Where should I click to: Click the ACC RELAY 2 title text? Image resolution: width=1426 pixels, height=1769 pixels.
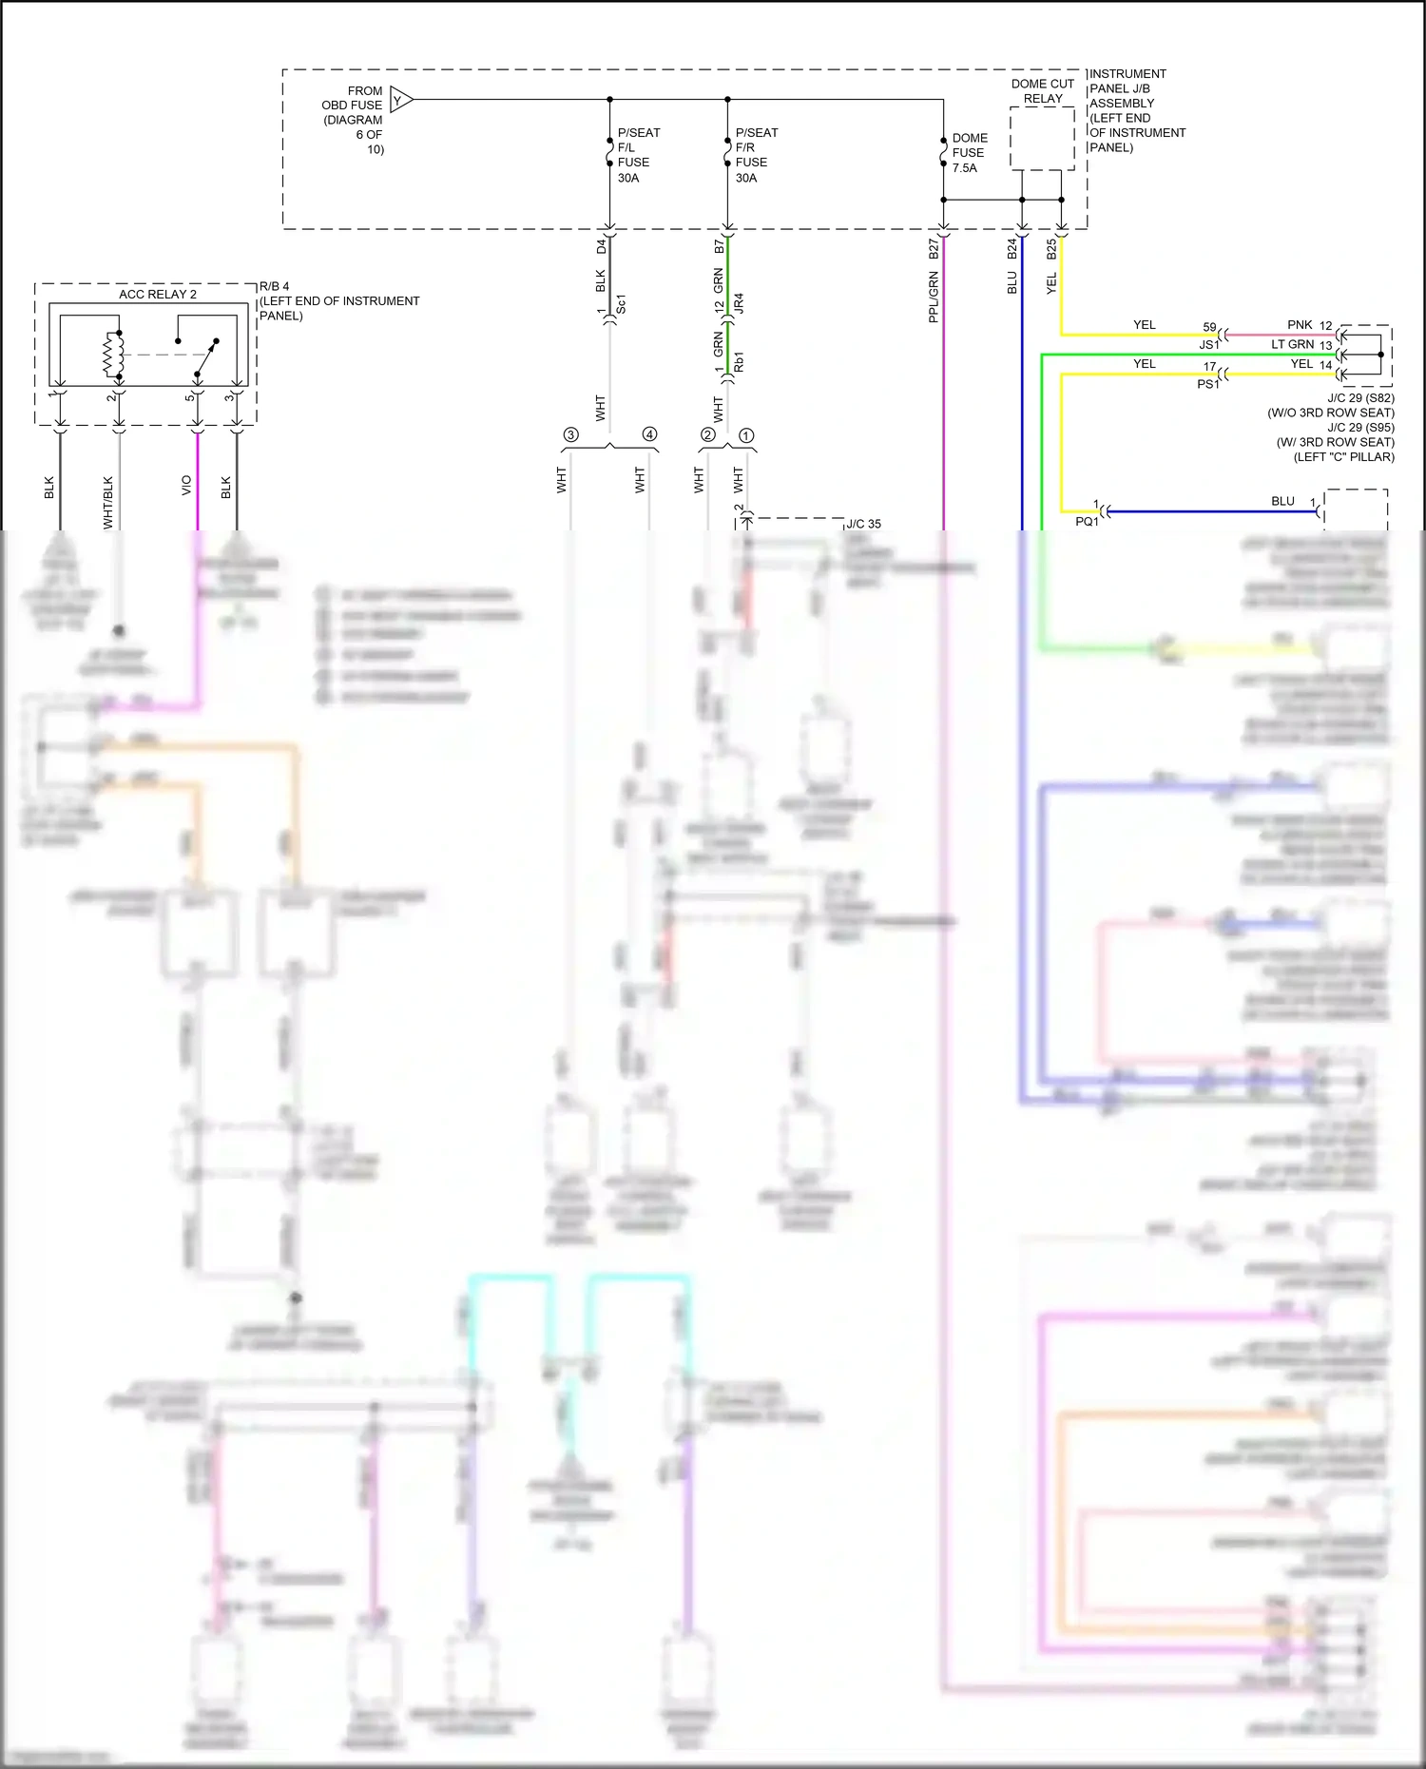point(157,295)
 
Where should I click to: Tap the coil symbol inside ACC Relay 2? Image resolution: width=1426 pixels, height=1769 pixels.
point(113,355)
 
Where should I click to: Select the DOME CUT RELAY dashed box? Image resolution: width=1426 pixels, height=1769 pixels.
point(1042,139)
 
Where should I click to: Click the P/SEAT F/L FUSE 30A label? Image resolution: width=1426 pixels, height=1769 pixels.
point(638,155)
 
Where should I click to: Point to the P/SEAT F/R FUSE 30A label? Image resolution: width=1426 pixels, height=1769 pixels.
point(756,155)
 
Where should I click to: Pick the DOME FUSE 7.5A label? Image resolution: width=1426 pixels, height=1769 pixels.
point(969,153)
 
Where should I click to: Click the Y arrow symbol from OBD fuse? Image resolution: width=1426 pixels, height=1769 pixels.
point(400,99)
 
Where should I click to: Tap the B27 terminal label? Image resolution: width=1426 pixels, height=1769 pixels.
point(934,249)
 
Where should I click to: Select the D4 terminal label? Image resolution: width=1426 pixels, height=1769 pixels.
point(601,246)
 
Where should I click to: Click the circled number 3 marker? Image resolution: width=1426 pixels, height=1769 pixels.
point(570,434)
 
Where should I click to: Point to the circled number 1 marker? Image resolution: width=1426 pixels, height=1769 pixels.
point(746,435)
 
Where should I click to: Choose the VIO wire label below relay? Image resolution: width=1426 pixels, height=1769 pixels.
point(186,485)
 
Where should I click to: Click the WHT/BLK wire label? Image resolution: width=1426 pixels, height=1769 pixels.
point(107,502)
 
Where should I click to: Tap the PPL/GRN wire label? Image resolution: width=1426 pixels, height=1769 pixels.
point(934,297)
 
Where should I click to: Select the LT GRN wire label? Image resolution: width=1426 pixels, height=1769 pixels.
point(1292,344)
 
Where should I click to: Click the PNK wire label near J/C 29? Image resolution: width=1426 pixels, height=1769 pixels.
point(1300,325)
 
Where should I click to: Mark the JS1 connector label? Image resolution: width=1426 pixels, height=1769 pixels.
point(1208,345)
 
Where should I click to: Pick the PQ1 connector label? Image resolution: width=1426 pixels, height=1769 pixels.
point(1086,522)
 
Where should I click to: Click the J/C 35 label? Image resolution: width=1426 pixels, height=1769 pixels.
point(863,524)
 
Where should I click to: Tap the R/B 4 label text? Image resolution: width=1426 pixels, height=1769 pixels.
point(275,286)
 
